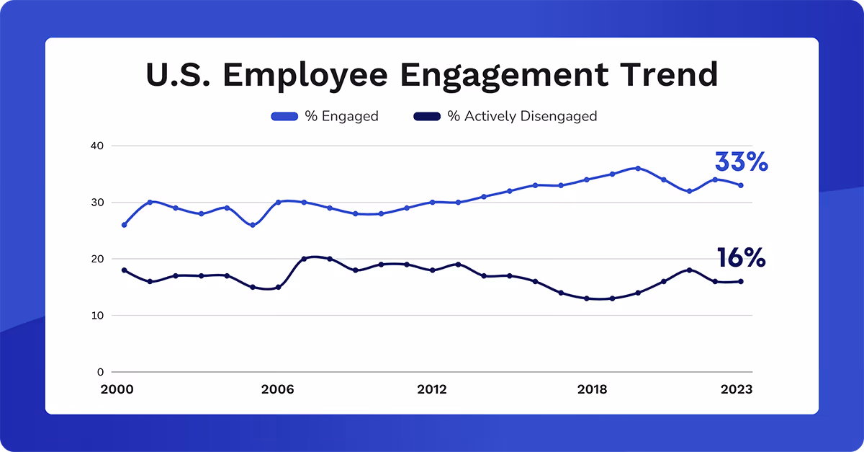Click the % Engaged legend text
(341, 116)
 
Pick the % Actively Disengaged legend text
(522, 116)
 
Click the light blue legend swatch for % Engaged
(284, 116)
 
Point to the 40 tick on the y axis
(97, 146)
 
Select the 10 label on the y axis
(97, 316)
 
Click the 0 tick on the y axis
(101, 372)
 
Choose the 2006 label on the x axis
(278, 389)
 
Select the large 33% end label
(741, 162)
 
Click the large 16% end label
(741, 258)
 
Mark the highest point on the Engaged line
(638, 168)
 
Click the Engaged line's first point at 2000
(124, 225)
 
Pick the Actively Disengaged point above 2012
(432, 270)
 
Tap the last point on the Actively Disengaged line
(741, 281)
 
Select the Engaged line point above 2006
(278, 203)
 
